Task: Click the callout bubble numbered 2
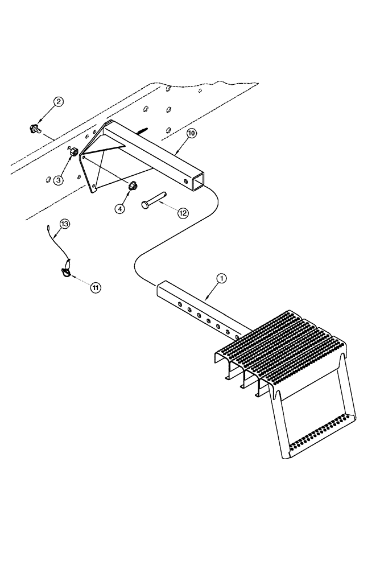[59, 102]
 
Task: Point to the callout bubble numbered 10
[191, 134]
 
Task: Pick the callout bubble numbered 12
[183, 213]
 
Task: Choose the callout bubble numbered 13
[64, 224]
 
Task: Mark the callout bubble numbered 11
[95, 288]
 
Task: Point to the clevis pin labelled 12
[154, 200]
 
